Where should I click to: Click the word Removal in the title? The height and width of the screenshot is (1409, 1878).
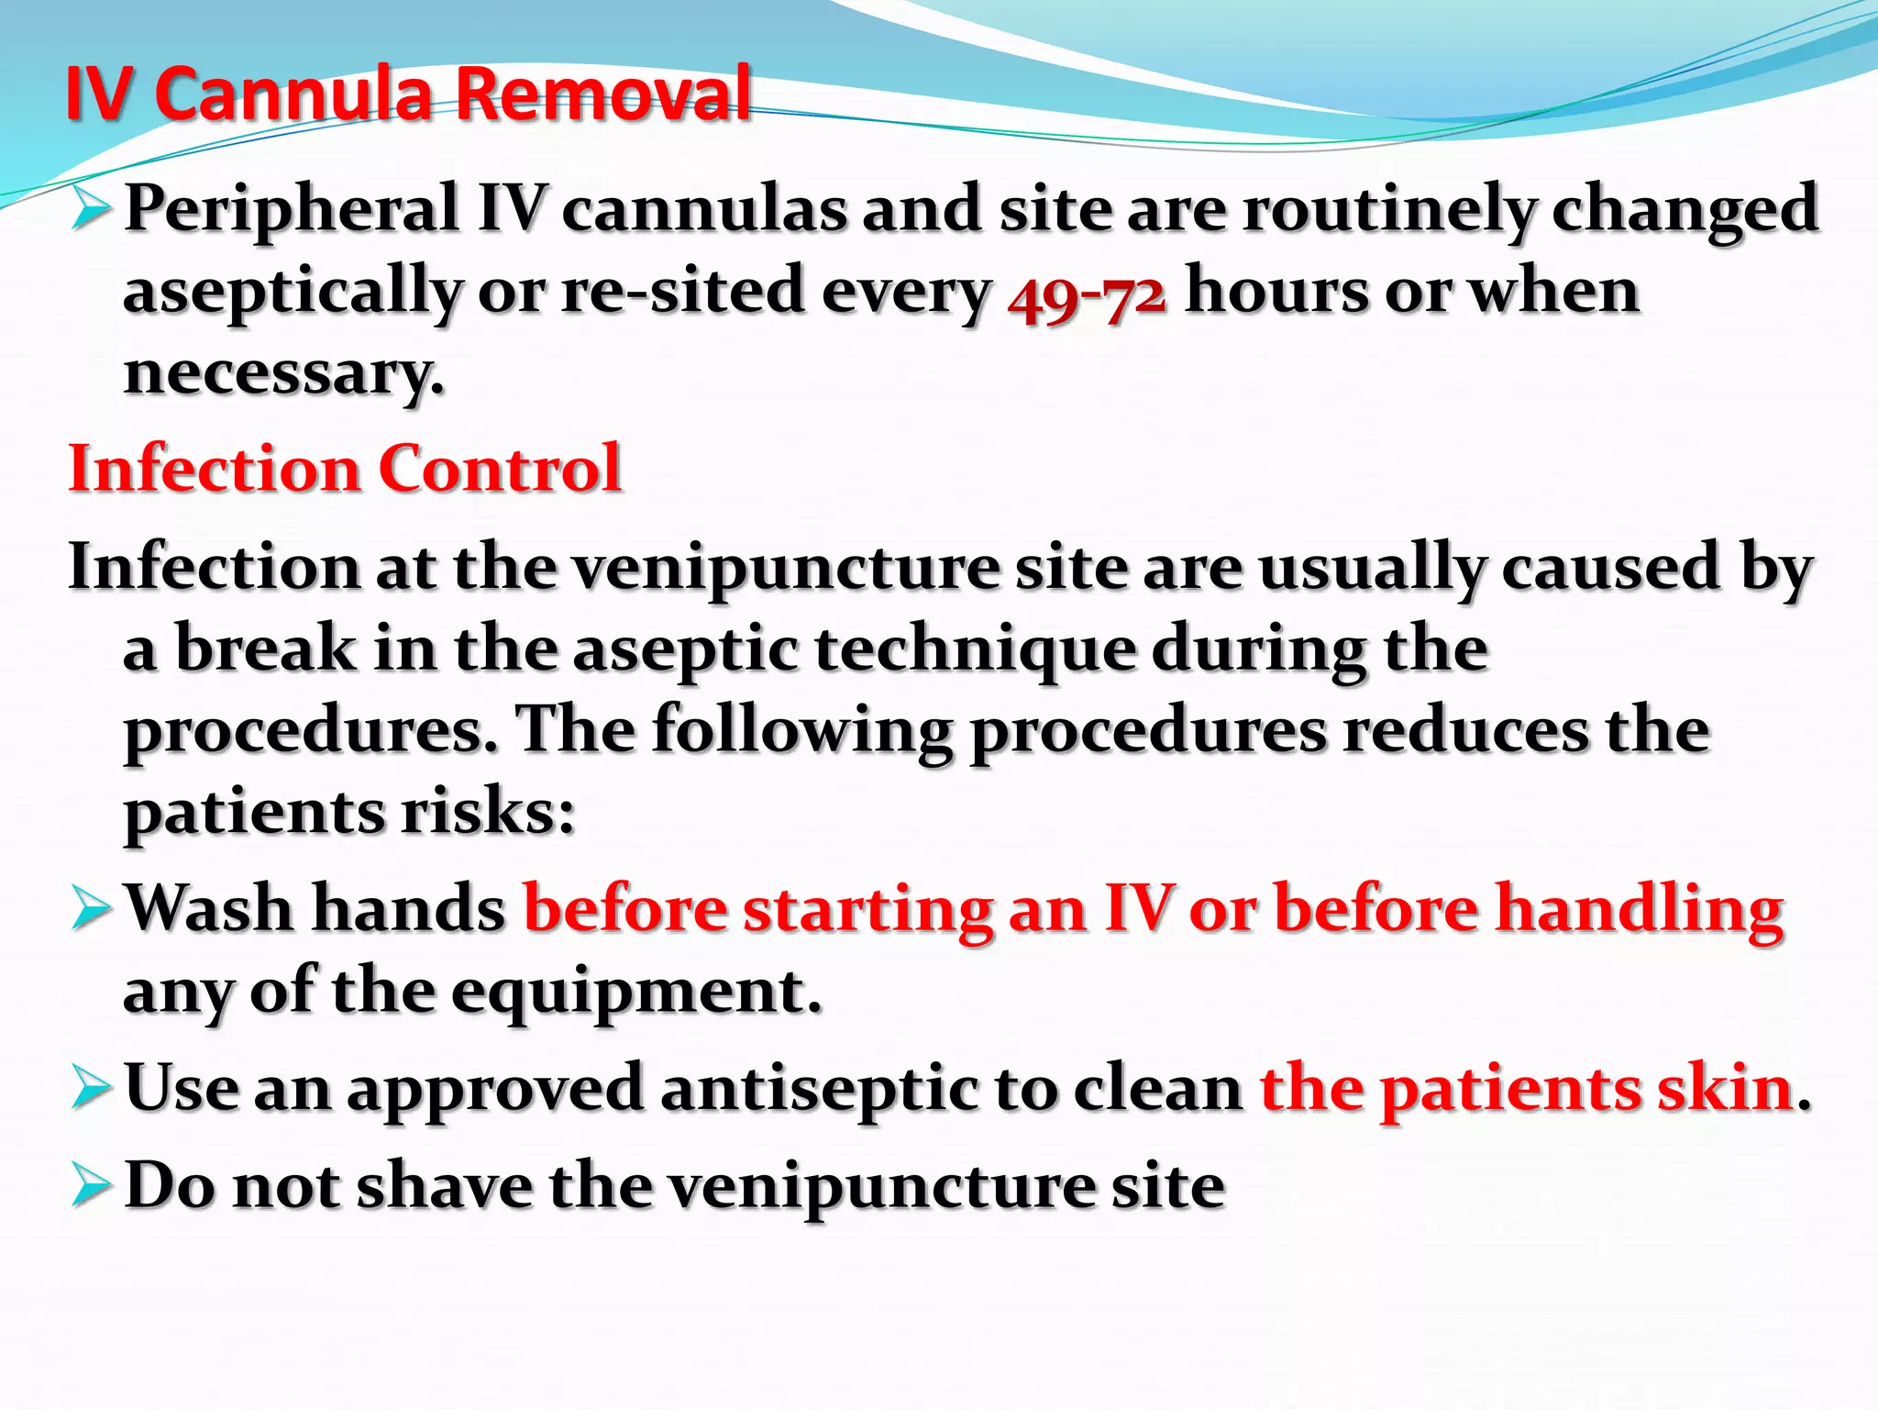pos(602,94)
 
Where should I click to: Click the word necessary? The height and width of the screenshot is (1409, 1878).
pos(283,374)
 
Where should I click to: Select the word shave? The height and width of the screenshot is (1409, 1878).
pos(445,1186)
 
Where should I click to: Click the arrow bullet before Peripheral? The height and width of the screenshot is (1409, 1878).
pos(91,209)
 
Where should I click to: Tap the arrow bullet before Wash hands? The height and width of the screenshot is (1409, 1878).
pos(91,909)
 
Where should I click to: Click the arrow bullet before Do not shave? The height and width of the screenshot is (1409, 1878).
pos(91,1186)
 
